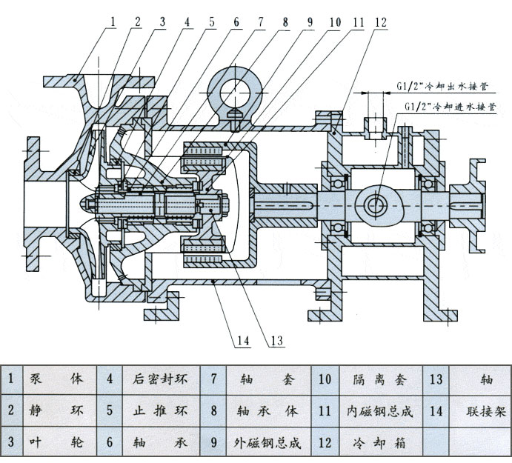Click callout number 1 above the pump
click(113, 21)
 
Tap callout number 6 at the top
click(236, 21)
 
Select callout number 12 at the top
click(379, 21)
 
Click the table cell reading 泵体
click(56, 379)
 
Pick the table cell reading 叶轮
click(56, 443)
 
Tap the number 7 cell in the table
click(213, 379)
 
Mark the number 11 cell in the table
click(324, 411)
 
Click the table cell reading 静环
click(56, 411)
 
